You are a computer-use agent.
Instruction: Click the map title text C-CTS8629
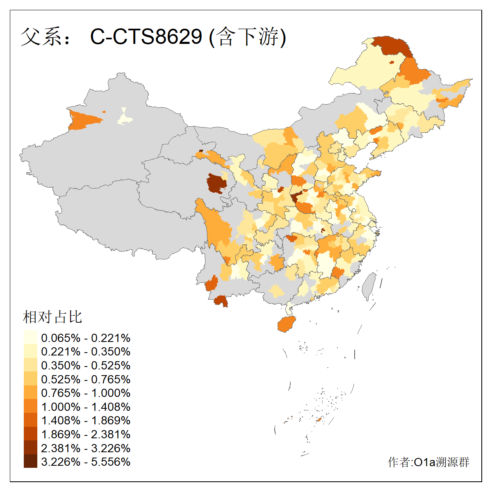coord(146,36)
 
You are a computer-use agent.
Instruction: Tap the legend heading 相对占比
coord(52,317)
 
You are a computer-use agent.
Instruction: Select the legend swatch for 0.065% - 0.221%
coord(30,337)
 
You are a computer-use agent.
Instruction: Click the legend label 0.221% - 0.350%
coord(86,351)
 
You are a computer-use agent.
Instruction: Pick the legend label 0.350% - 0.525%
coord(86,365)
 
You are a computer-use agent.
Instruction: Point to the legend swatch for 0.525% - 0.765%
coord(30,379)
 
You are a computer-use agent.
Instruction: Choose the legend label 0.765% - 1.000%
coord(86,393)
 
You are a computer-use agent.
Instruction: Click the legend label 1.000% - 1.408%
coord(86,407)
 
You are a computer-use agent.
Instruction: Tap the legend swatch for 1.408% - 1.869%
coord(30,420)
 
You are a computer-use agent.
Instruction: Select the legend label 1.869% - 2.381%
coord(86,434)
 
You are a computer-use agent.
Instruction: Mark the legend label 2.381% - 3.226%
coord(86,448)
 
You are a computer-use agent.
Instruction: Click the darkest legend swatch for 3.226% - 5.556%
coord(30,462)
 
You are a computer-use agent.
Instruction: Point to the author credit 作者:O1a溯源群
coord(428,462)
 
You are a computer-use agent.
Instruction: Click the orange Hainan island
coord(286,324)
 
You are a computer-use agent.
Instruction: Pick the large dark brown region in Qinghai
coord(216,183)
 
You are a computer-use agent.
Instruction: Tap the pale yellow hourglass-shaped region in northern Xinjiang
coord(125,117)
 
